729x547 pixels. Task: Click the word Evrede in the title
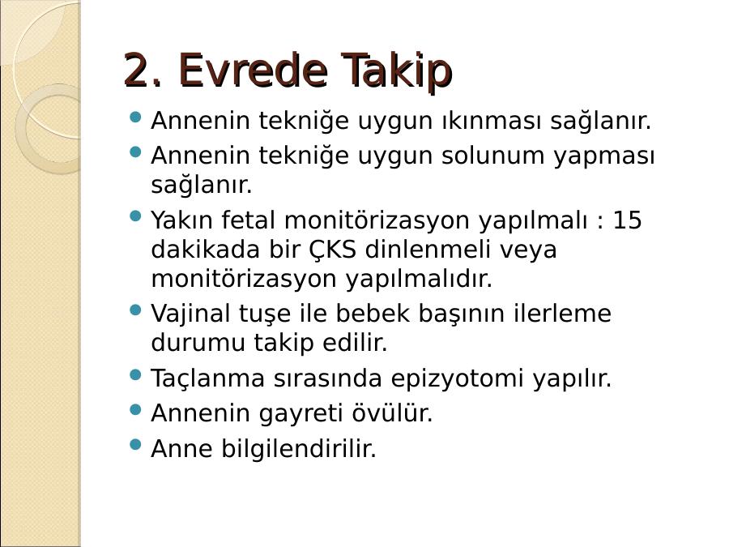(x=254, y=71)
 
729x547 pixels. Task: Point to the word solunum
(x=492, y=156)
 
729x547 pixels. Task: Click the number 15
(x=627, y=220)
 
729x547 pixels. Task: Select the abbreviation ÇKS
(x=333, y=250)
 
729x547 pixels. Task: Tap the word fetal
(x=248, y=220)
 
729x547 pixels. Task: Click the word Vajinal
(x=190, y=314)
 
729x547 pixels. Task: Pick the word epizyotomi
(x=457, y=378)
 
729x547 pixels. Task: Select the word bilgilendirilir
(x=298, y=448)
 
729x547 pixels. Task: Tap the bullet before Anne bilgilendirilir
(x=135, y=445)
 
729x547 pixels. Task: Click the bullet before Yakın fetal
(x=135, y=216)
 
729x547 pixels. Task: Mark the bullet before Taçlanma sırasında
(x=135, y=375)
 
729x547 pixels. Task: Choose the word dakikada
(x=205, y=250)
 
